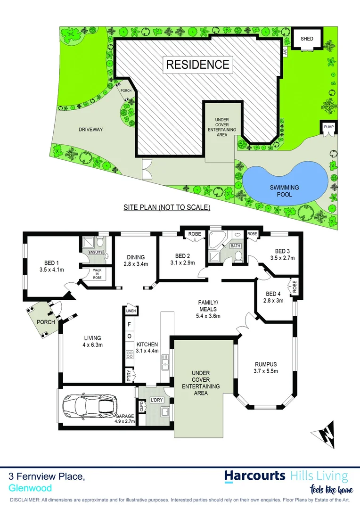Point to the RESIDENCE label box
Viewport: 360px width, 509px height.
click(198, 64)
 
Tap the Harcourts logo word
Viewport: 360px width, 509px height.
click(255, 475)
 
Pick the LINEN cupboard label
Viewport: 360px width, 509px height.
click(130, 311)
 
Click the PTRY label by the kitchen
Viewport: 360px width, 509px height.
click(129, 376)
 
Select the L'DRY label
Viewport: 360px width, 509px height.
click(156, 400)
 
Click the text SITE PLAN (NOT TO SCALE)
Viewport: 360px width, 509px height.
click(167, 207)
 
